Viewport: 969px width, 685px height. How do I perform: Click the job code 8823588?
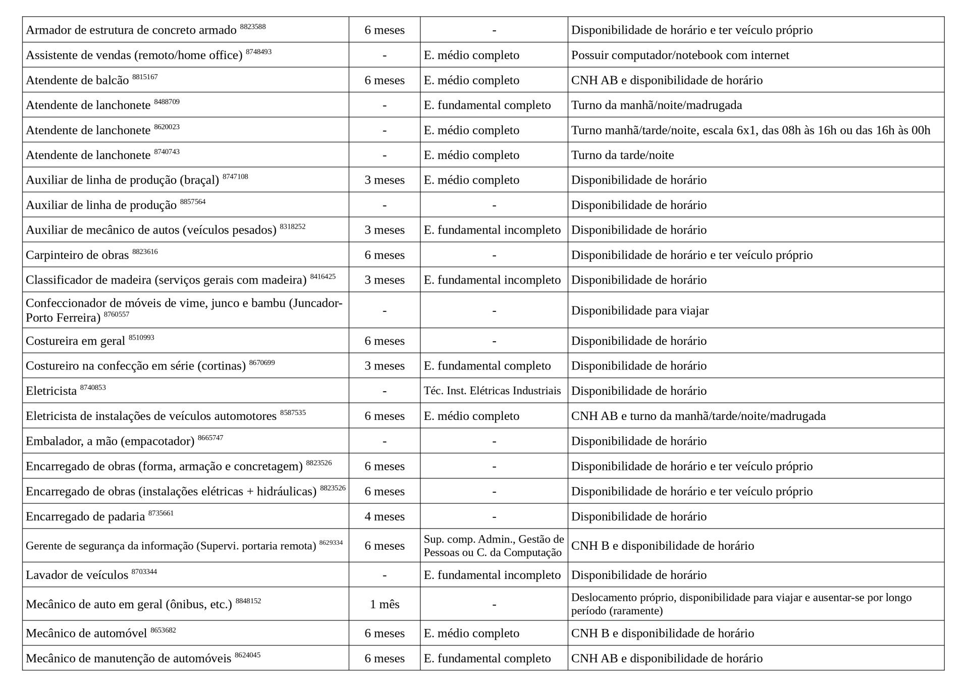tap(252, 26)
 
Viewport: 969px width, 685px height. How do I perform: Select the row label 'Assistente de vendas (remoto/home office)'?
tap(134, 55)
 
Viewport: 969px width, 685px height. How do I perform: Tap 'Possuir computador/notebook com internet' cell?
tap(680, 55)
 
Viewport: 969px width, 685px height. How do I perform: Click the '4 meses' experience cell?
tap(384, 516)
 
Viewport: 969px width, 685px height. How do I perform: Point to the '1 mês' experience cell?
tap(384, 604)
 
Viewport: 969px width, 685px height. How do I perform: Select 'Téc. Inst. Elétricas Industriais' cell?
tap(492, 391)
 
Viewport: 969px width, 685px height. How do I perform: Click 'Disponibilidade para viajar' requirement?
tap(639, 310)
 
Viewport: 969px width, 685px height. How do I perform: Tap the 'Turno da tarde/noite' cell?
tap(622, 155)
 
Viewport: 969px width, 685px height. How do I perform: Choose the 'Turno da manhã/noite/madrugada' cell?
tap(656, 105)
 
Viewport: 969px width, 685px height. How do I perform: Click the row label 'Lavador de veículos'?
tap(77, 575)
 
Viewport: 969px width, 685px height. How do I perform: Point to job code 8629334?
tap(331, 543)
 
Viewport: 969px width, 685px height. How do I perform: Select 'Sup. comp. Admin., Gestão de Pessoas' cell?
tap(493, 546)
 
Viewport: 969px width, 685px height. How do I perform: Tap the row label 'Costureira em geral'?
tap(75, 341)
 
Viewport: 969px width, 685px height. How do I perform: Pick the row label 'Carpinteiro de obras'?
tap(77, 255)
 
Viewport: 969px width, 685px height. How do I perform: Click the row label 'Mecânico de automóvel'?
tap(86, 633)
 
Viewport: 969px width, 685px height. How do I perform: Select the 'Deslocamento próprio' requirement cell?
tap(741, 604)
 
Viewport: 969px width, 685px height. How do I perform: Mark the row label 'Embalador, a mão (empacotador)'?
tap(110, 441)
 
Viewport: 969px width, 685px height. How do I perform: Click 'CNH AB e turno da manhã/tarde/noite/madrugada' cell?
tap(698, 416)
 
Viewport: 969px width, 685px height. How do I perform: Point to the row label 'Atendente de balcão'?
tap(77, 80)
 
